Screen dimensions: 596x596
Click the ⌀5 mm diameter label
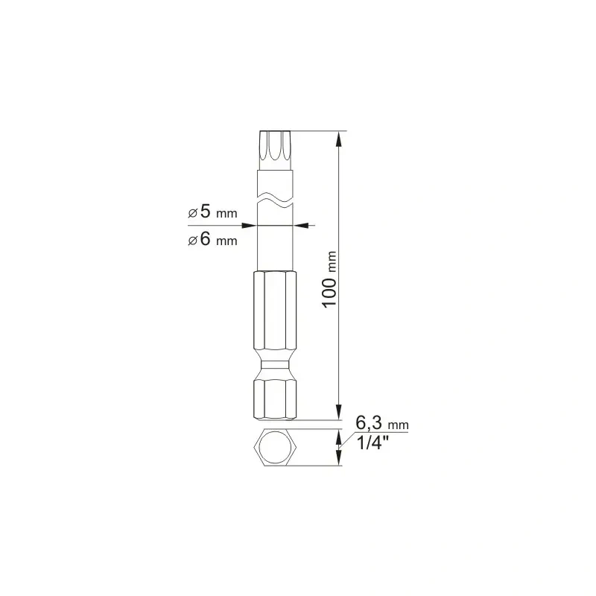pos(212,212)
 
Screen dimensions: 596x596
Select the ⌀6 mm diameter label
pos(212,239)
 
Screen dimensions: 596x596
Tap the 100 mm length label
pos(329,279)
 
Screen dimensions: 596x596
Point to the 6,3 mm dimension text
pos(382,422)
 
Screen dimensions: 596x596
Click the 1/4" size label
pos(373,443)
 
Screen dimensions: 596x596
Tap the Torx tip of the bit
pos(275,150)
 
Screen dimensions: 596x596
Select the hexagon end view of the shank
pos(275,448)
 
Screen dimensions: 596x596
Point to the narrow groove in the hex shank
pos(275,364)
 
